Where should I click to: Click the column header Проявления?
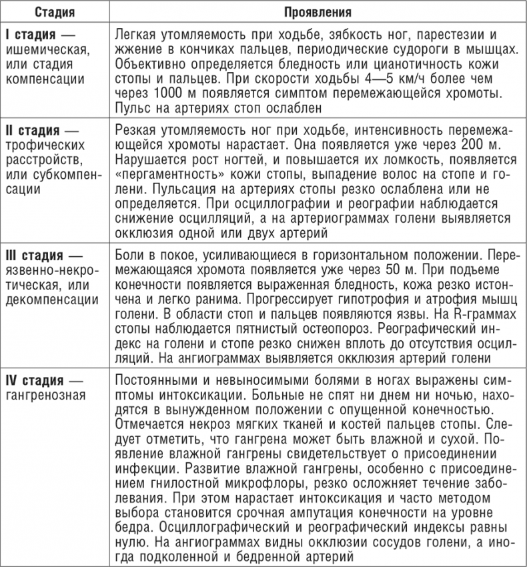pyautogui.click(x=318, y=11)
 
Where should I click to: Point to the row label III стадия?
pyautogui.click(x=39, y=255)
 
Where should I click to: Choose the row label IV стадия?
pyautogui.click(x=39, y=380)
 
